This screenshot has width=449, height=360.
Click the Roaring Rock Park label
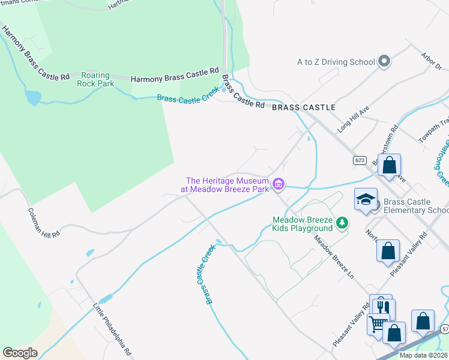pyautogui.click(x=95, y=80)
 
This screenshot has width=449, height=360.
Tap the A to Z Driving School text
pyautogui.click(x=336, y=61)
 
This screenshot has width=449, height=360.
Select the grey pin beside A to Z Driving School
pyautogui.click(x=384, y=61)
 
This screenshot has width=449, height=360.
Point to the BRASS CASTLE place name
pyautogui.click(x=303, y=107)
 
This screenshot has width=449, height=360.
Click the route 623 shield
pyautogui.click(x=360, y=160)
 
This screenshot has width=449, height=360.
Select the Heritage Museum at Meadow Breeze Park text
pyautogui.click(x=226, y=184)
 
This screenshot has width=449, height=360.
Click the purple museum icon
pyautogui.click(x=278, y=184)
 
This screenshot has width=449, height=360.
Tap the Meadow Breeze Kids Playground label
pyautogui.click(x=303, y=224)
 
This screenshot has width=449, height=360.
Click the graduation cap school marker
pyautogui.click(x=366, y=200)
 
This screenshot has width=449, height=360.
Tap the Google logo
pyautogui.click(x=20, y=353)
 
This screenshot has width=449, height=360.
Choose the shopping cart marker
pyautogui.click(x=378, y=325)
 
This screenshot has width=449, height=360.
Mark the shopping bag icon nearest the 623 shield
pyautogui.click(x=389, y=165)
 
